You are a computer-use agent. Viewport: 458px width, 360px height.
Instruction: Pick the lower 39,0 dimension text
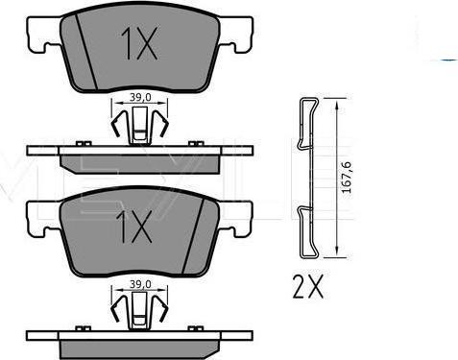[140, 284]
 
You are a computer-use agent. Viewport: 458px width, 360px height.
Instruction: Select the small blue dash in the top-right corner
[449, 60]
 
